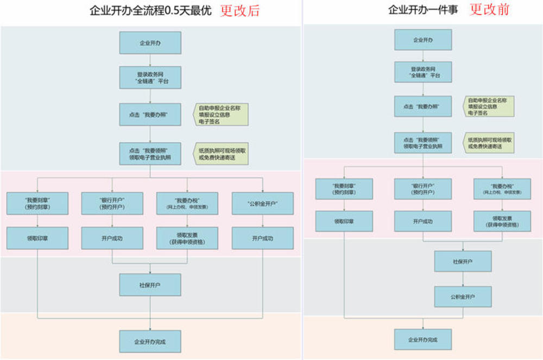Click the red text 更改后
click(x=240, y=10)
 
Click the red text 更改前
click(x=489, y=9)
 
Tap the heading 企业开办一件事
click(x=423, y=10)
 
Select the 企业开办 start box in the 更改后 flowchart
click(x=150, y=42)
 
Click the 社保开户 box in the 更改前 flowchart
click(x=463, y=261)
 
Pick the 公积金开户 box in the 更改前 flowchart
click(x=463, y=297)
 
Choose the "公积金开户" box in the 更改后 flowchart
click(x=262, y=204)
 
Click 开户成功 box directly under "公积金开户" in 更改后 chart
click(x=262, y=238)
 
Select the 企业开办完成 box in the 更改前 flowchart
click(x=422, y=340)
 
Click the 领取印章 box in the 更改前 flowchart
click(x=344, y=221)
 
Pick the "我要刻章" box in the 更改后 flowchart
click(x=37, y=204)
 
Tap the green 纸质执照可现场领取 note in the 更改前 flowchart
click(x=489, y=143)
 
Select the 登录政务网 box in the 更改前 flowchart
click(x=422, y=72)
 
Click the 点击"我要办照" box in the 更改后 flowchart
click(x=150, y=115)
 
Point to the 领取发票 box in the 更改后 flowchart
click(x=187, y=238)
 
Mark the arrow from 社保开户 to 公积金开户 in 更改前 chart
click(x=463, y=279)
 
